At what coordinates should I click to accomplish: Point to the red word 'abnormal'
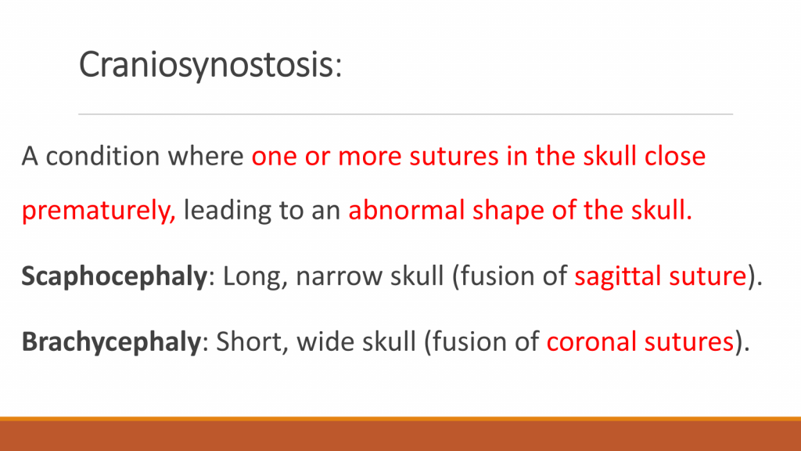tap(406, 210)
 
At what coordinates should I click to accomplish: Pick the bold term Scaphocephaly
tap(114, 277)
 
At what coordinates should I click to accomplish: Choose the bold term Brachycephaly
tap(111, 342)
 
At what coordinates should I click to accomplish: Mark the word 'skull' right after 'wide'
tap(390, 341)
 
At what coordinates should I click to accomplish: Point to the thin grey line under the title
tap(406, 114)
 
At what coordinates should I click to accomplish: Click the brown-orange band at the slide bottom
tap(400, 434)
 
